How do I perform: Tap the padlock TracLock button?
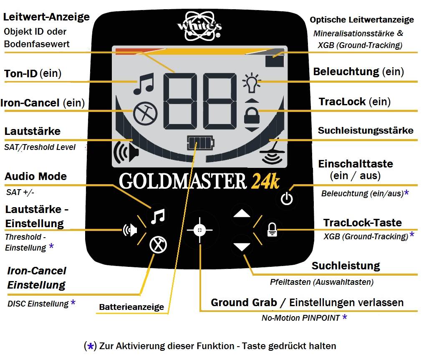tap(272, 229)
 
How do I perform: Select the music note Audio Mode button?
tap(158, 216)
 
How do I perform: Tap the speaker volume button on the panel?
tap(129, 230)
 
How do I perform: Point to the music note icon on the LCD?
tap(144, 84)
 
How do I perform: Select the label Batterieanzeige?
tap(131, 307)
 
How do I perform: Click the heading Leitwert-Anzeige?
tap(46, 17)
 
